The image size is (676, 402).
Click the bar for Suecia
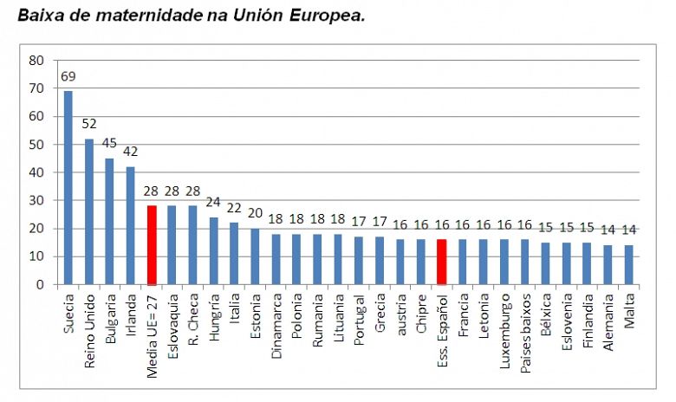pyautogui.click(x=68, y=187)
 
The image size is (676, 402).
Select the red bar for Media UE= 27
pyautogui.click(x=152, y=245)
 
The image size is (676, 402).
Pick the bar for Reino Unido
pyautogui.click(x=89, y=211)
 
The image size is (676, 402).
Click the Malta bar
pyautogui.click(x=628, y=264)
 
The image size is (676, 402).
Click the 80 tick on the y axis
pyautogui.click(x=36, y=61)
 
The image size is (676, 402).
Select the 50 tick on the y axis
pyautogui.click(x=36, y=145)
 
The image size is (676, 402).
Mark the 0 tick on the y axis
pyautogui.click(x=40, y=285)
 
